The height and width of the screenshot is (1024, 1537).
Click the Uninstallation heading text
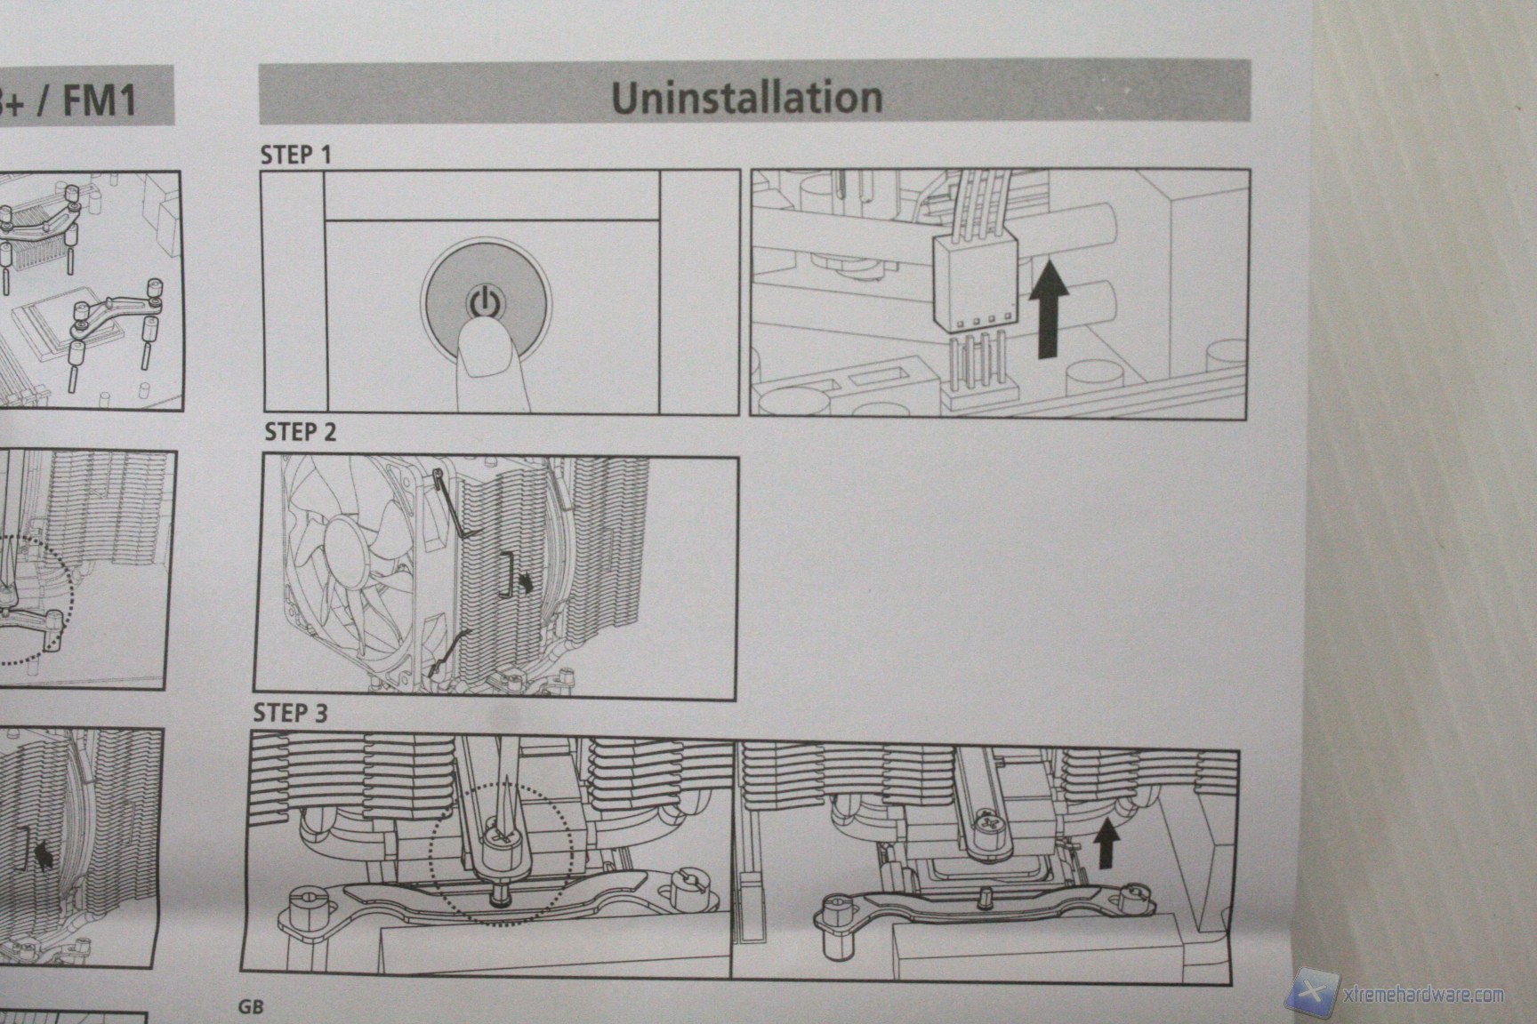(747, 97)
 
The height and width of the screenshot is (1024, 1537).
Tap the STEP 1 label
(295, 155)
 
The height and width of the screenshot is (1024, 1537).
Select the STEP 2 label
(301, 432)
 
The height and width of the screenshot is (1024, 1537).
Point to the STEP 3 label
(290, 713)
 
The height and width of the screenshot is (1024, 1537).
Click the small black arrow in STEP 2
(528, 581)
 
